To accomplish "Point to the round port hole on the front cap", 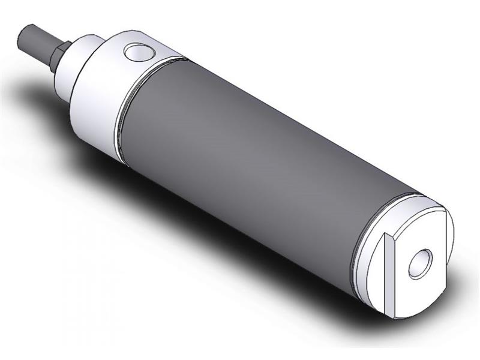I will [139, 53].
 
